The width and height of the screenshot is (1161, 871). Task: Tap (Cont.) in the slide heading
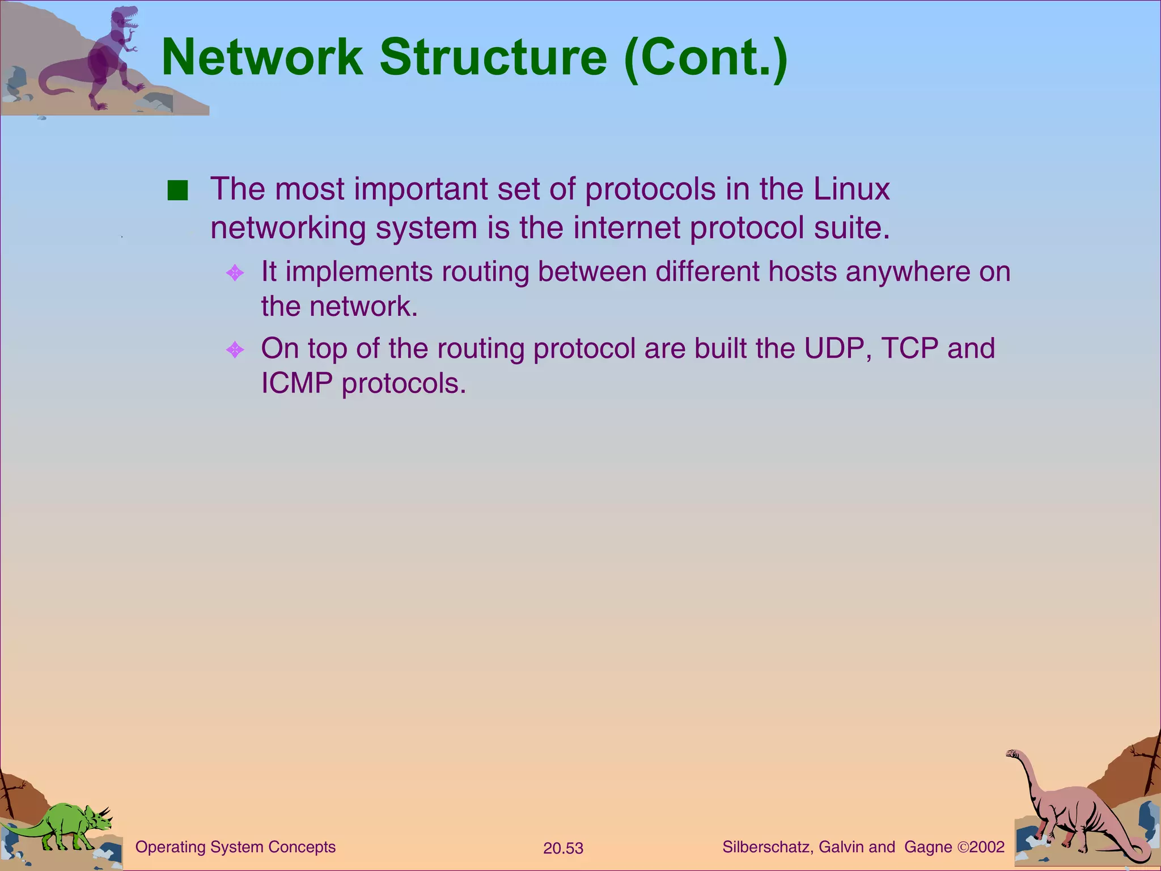coord(705,58)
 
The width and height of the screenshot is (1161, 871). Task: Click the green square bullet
coord(177,191)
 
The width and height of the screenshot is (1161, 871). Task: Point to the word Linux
coord(851,189)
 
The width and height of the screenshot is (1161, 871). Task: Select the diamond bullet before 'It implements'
coord(235,273)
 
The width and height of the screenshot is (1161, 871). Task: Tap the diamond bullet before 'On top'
coord(235,349)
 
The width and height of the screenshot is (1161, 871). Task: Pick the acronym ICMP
coord(296,383)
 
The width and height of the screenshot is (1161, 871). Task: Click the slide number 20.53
coord(563,848)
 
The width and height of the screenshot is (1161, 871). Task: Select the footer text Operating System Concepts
coord(235,847)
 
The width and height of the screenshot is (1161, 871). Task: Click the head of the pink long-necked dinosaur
coord(1013,754)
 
